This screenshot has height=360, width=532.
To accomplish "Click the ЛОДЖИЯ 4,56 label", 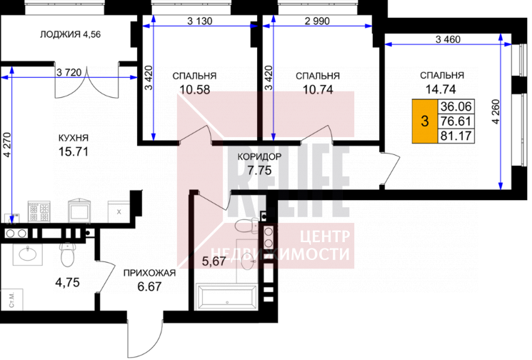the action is tap(70, 34).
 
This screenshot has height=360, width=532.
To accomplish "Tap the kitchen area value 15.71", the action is tap(74, 151).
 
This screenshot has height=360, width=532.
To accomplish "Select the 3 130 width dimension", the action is tap(199, 21).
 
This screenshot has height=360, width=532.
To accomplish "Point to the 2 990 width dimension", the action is tap(317, 21).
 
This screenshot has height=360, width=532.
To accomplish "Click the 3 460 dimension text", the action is tap(448, 39).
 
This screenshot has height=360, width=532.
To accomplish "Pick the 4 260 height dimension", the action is tap(496, 111).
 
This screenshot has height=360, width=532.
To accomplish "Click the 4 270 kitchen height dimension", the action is tap(7, 145).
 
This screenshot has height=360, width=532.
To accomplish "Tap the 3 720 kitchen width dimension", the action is tap(69, 72).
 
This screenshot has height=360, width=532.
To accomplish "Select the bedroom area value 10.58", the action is tap(195, 89).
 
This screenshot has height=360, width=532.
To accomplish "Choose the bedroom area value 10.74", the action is tap(318, 89).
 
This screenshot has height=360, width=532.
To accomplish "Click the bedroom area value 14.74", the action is tap(441, 89).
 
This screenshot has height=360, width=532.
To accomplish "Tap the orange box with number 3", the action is tap(424, 121).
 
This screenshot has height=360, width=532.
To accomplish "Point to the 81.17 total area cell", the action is tap(456, 136).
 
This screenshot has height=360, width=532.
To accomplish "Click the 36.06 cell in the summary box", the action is tap(456, 106).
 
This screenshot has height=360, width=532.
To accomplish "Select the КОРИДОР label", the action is tap(259, 156).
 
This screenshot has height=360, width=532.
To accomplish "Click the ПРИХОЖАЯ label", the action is tap(149, 273).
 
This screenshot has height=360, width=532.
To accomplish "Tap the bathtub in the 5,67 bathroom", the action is tap(227, 298).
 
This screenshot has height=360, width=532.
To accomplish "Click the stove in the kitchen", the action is tap(39, 212).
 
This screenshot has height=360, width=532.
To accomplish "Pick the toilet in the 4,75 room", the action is tap(68, 254).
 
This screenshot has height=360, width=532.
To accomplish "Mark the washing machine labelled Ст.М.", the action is tap(11, 299).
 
